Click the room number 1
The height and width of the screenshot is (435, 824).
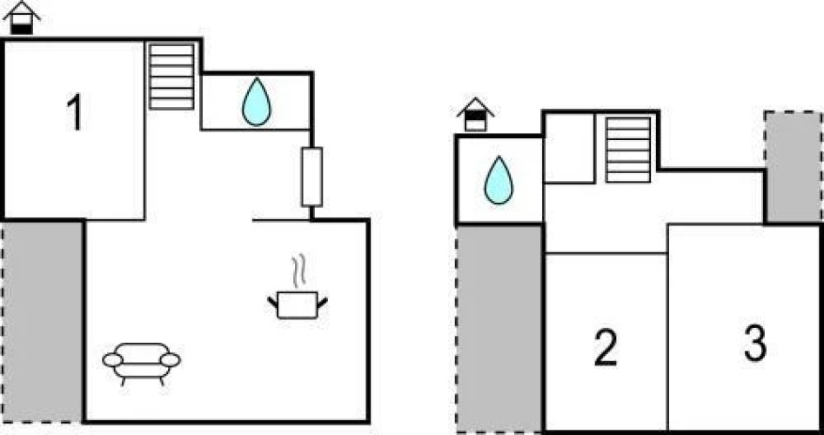pos(76,114)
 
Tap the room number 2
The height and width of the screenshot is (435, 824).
pos(606,347)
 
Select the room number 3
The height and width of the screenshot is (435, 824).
pos(755,343)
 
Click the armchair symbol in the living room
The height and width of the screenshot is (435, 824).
pos(141,362)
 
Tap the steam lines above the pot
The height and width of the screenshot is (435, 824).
pos(299,271)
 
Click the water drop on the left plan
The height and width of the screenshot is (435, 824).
pos(257,102)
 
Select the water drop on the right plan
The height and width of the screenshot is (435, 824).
pos(499,180)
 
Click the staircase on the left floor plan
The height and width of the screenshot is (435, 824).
pos(171,77)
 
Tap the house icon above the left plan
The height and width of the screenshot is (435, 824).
pos(23,17)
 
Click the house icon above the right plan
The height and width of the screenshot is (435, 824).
pos(475,115)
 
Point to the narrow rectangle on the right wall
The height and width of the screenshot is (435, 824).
pos(312,177)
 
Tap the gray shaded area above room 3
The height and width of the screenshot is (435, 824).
pos(793,165)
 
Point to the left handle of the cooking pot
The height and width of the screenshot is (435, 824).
pos(272,302)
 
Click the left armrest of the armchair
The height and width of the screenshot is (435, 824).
pos(112,358)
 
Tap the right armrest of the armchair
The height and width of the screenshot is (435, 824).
pos(171,358)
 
